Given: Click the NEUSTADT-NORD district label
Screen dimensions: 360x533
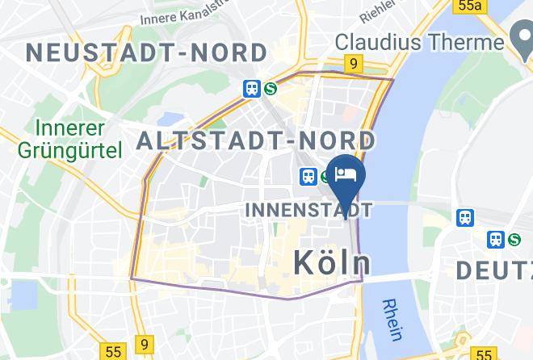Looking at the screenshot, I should pos(146,53).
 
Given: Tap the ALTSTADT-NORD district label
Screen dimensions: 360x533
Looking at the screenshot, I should pos(255,141).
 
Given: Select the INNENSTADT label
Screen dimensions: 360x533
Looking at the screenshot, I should pos(308,210).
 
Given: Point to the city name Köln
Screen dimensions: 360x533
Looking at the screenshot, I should pos(332,262).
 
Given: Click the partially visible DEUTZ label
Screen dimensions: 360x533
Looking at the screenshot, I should pos(493,270).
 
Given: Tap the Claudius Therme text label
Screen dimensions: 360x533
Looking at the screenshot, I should pos(419,40).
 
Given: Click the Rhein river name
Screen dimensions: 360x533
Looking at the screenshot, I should pos(393,320).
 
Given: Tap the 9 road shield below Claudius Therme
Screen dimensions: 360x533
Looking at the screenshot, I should pos(354,62).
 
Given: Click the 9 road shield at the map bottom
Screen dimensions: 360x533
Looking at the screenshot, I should pos(145,345).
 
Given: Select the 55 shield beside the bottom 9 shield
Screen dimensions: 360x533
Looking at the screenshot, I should pos(113,352).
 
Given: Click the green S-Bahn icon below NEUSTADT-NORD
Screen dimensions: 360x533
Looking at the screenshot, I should pos(270,89).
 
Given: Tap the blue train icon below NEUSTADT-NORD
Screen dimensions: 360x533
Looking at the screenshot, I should pos(252,89).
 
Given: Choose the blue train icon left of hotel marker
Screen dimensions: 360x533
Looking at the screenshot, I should pos(308,175).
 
